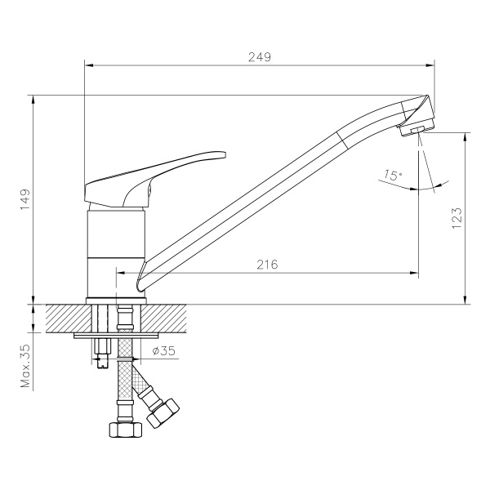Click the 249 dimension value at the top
[x=259, y=57]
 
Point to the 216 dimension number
[x=267, y=264]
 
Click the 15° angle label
[x=392, y=175]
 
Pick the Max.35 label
[x=25, y=365]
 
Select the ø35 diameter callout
[x=164, y=352]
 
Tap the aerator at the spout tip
[x=416, y=128]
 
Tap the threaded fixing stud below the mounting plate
[x=103, y=352]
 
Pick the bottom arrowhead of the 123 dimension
[x=465, y=298]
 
